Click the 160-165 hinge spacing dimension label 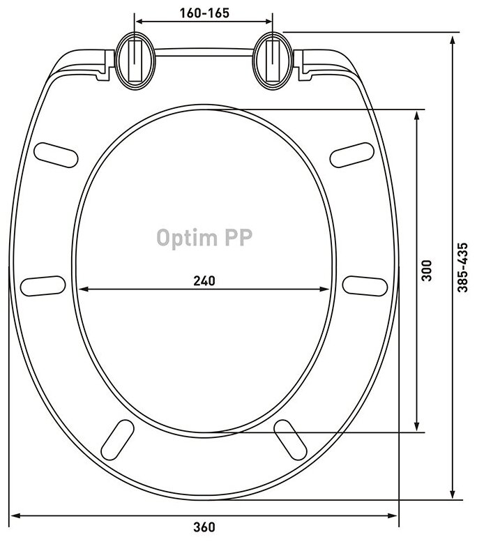[204, 13]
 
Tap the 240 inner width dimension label [204, 280]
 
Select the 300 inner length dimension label [427, 271]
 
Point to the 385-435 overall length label [462, 267]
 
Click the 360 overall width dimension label [204, 527]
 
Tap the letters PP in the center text [238, 237]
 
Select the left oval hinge [135, 61]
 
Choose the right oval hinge [273, 61]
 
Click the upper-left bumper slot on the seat [56, 155]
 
